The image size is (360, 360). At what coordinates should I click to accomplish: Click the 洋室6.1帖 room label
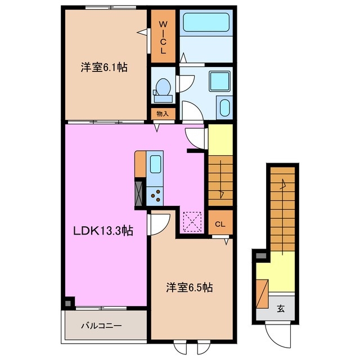point(104,67)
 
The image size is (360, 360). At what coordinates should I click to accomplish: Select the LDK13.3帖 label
point(101,230)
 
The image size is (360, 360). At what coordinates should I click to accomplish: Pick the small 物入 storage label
point(163,113)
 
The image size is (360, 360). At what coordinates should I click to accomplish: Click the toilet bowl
point(163,89)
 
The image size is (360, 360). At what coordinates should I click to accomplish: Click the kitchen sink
point(155,165)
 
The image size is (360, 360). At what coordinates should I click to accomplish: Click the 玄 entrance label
point(280,308)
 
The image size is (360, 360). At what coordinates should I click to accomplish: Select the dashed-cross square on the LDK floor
point(192,221)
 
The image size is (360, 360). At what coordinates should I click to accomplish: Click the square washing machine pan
point(218,80)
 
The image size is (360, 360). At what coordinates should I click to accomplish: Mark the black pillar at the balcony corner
point(68,303)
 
